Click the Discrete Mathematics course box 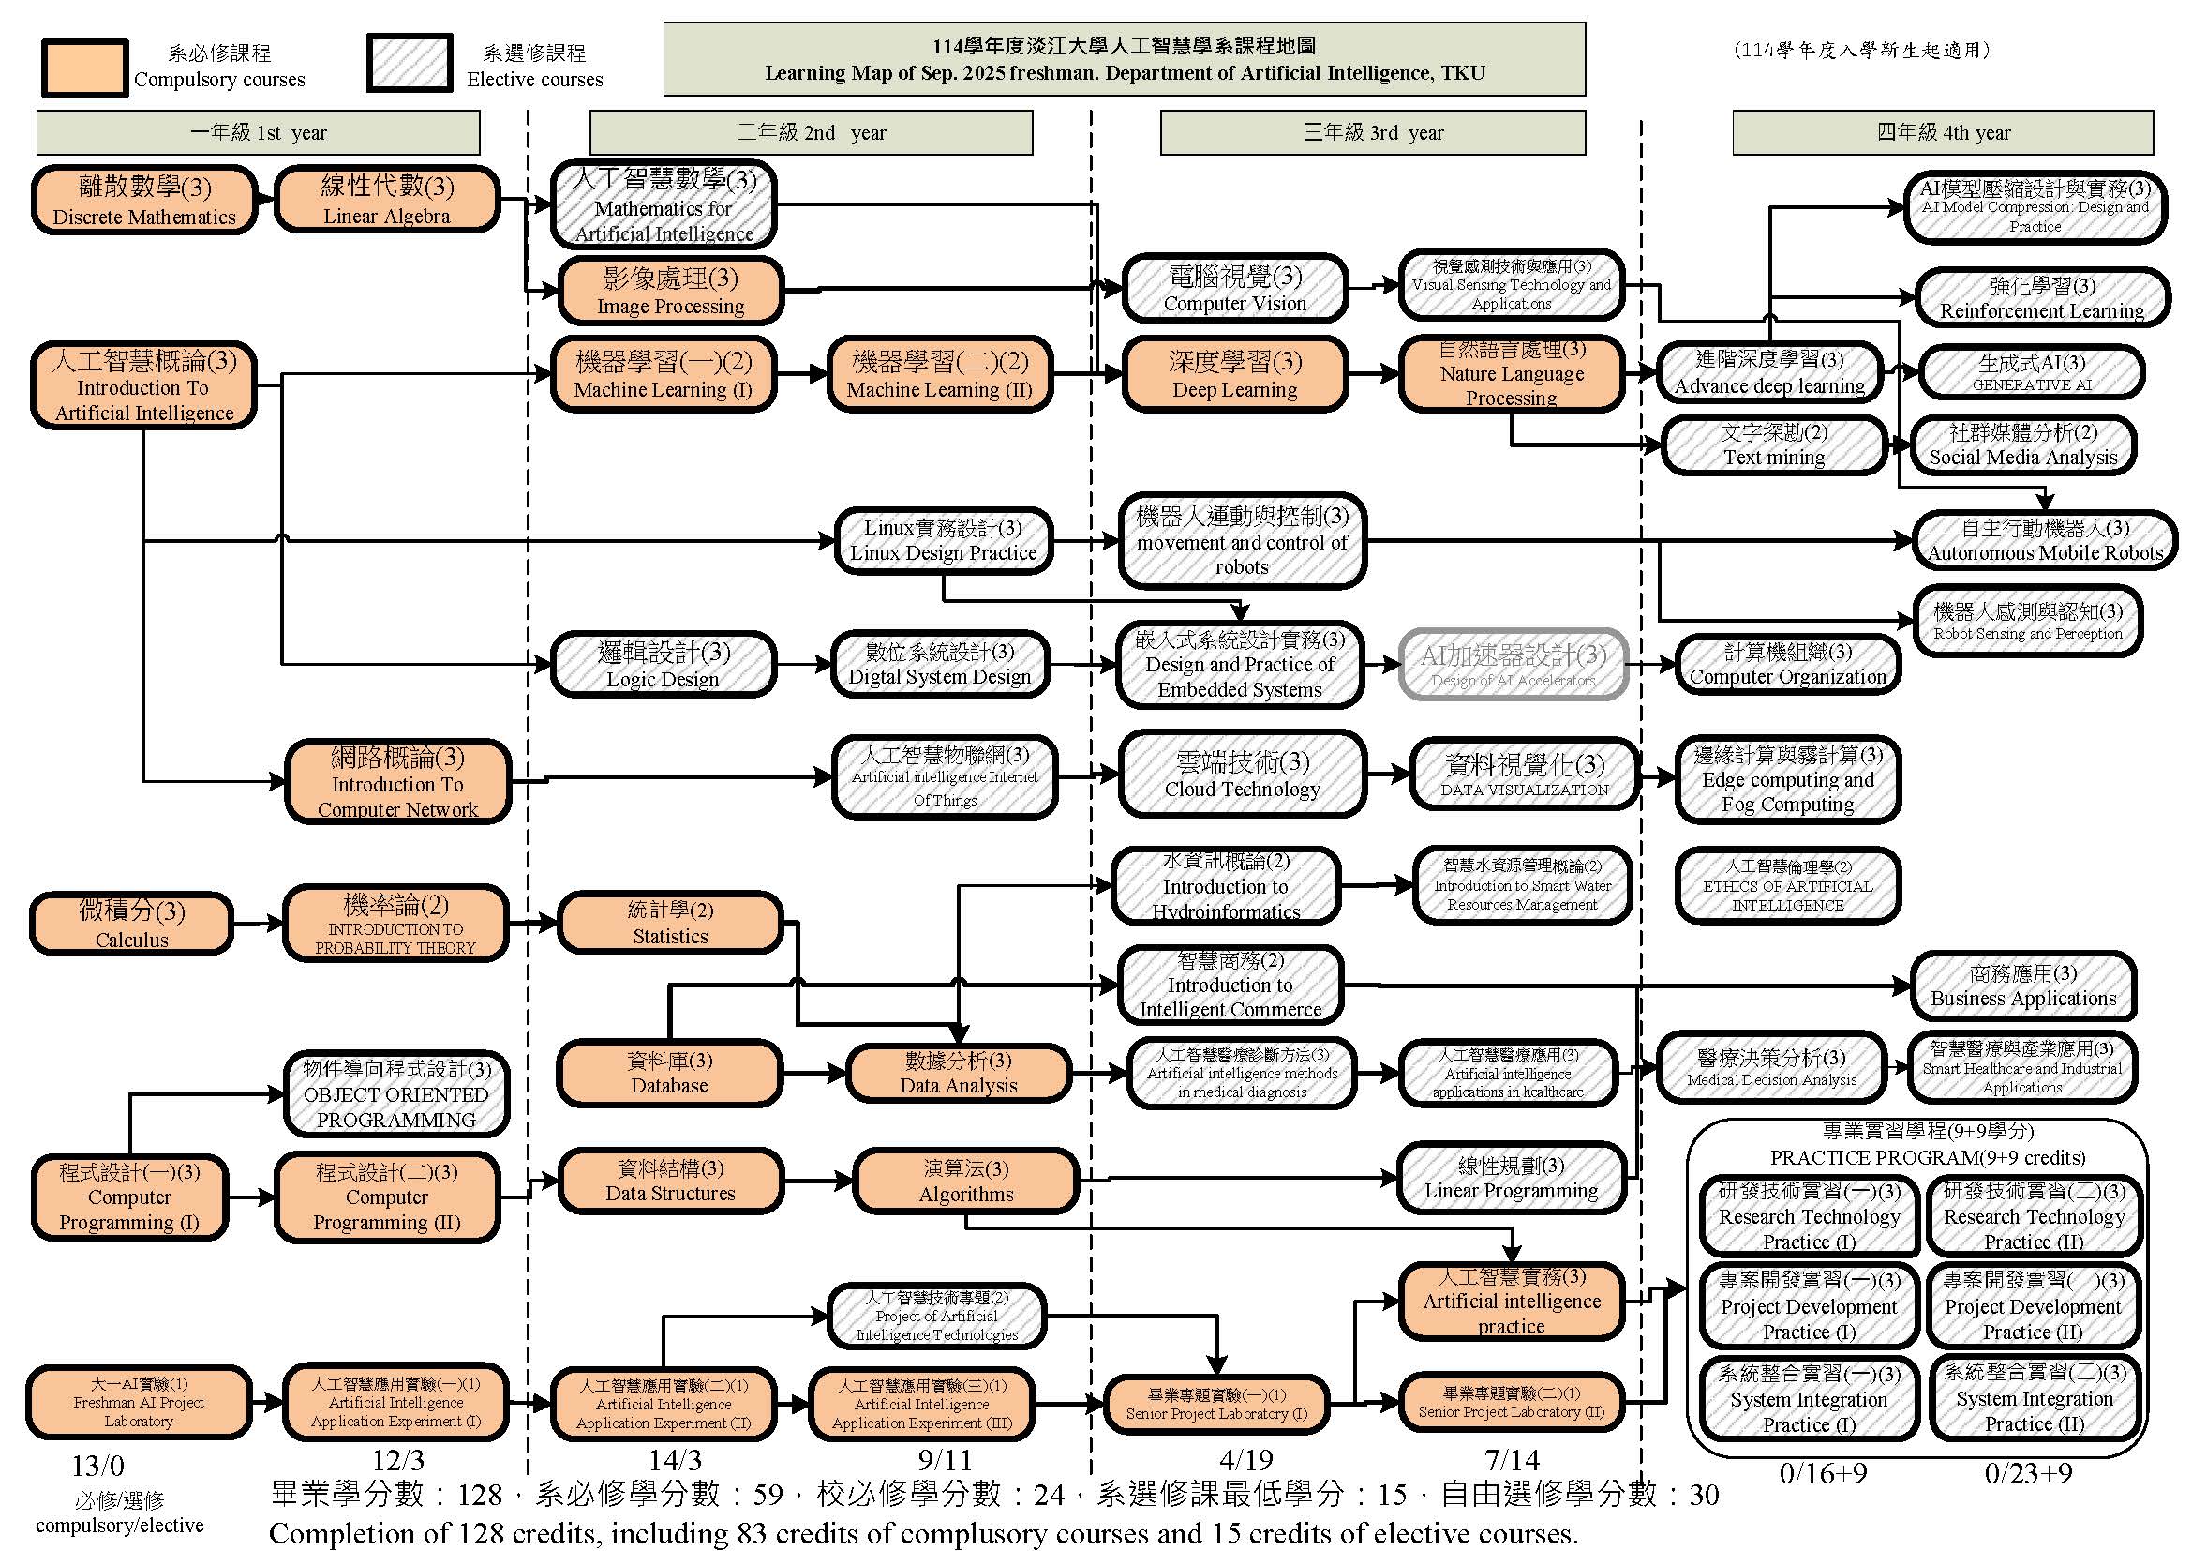point(144,200)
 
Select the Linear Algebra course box point(387,199)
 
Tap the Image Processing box point(670,291)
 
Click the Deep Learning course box point(1234,373)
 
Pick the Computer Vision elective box point(1234,289)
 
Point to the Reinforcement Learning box point(2041,298)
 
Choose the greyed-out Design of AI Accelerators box point(1514,665)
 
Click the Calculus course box point(132,924)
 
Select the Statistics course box point(670,923)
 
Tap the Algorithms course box point(966,1181)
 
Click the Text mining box point(1774,445)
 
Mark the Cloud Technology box point(1241,775)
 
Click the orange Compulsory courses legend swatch point(85,68)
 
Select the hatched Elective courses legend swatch point(410,64)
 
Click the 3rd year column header point(1372,133)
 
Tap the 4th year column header point(1943,133)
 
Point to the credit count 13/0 point(97,1465)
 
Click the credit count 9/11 point(945,1459)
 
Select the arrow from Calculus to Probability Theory point(258,924)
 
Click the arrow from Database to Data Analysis point(814,1074)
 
